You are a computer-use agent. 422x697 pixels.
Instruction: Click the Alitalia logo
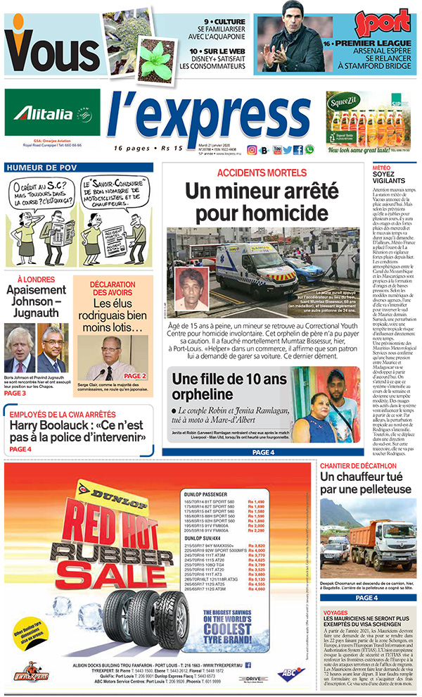pyautogui.click(x=52, y=114)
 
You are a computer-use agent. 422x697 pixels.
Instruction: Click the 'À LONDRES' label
pyautogui.click(x=40, y=280)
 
